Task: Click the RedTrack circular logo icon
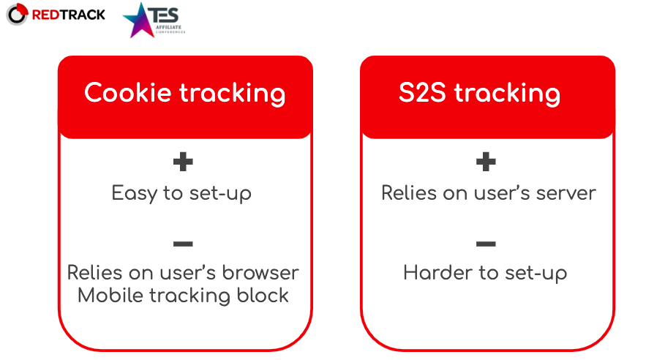(x=17, y=15)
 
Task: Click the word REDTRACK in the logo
(x=69, y=15)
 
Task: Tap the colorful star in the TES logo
(x=138, y=20)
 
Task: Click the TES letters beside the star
(x=164, y=15)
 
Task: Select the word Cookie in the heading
(x=127, y=92)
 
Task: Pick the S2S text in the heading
(x=422, y=92)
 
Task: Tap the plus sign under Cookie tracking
(x=183, y=162)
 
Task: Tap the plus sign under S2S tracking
(x=486, y=162)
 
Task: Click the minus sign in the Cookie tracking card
(x=183, y=244)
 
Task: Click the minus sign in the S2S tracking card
(x=486, y=244)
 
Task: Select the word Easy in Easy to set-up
(x=135, y=194)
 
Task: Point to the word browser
(x=261, y=272)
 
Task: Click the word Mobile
(x=110, y=295)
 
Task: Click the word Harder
(x=438, y=272)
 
